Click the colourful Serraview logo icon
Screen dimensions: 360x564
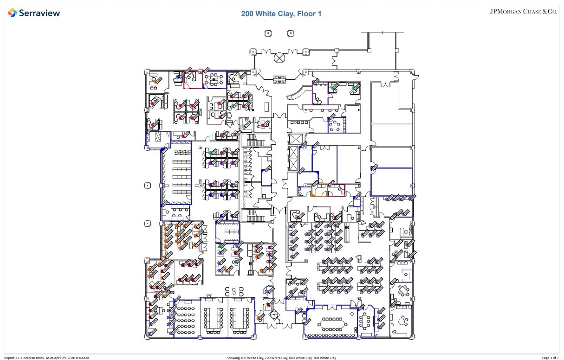pos(13,13)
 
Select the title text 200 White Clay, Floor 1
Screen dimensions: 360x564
pos(281,14)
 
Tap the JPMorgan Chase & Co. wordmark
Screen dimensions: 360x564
pos(523,12)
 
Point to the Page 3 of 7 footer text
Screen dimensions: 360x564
pos(550,358)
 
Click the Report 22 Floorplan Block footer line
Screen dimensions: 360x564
pos(46,358)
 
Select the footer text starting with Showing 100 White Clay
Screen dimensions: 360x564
pos(281,358)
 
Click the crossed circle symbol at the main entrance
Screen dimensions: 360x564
pos(280,58)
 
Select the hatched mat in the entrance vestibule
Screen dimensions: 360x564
pos(280,78)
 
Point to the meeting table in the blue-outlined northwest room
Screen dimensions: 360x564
pos(214,79)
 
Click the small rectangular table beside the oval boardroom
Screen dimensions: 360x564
pos(365,320)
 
